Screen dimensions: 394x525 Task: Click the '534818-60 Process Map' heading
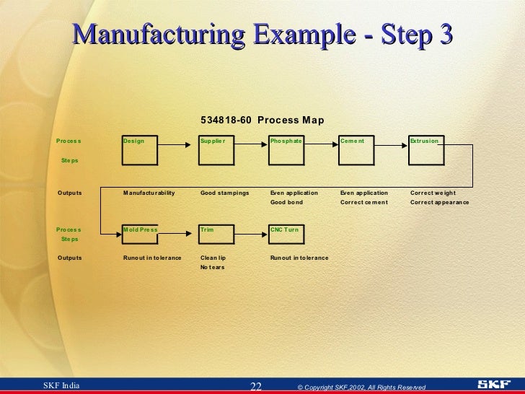pos(262,120)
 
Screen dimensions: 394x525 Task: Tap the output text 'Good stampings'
pos(224,193)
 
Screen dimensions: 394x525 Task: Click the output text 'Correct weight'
pos(433,193)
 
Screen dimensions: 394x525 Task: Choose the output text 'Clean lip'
pos(213,258)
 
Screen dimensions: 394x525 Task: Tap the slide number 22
pos(255,387)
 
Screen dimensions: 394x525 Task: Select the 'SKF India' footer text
pos(62,386)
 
